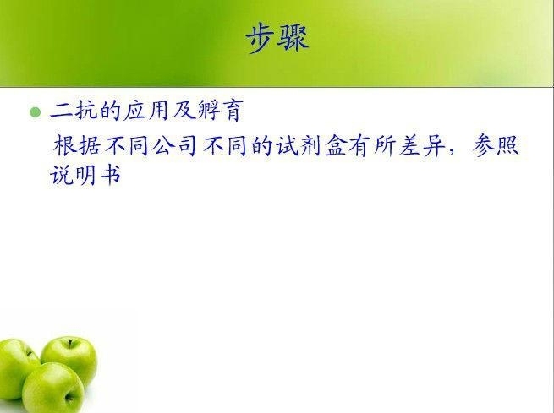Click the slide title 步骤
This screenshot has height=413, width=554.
(x=277, y=39)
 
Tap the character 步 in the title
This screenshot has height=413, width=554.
(x=261, y=39)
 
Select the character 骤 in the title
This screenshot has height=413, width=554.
(x=293, y=39)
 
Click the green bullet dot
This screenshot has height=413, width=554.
(x=35, y=112)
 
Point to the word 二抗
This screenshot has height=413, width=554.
(x=74, y=111)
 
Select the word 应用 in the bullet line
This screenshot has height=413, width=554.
(x=148, y=111)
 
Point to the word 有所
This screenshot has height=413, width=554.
(x=372, y=145)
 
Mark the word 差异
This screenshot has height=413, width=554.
(x=421, y=145)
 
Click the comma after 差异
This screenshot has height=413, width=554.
(x=451, y=152)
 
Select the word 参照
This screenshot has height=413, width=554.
(x=496, y=145)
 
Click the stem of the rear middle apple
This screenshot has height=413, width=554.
(x=70, y=343)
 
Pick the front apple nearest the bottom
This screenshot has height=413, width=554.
(x=53, y=388)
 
